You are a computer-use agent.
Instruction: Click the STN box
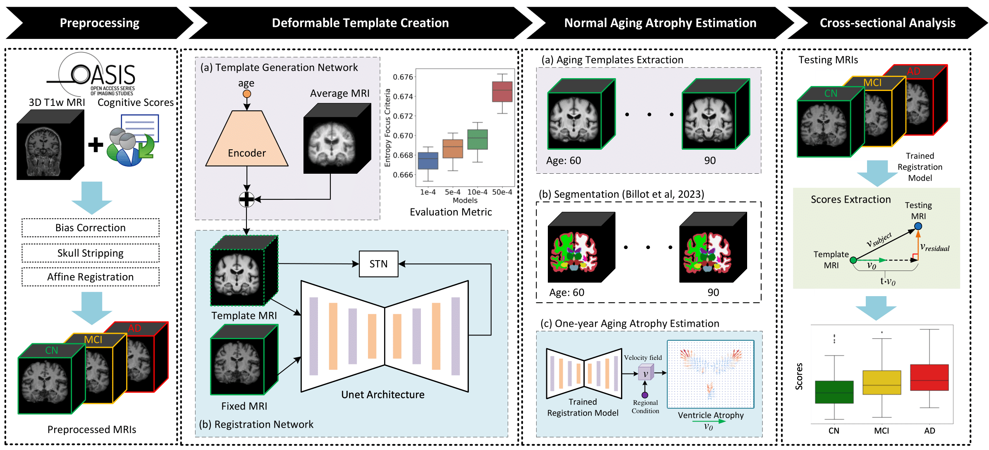coord(378,264)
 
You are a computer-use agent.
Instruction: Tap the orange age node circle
coord(247,94)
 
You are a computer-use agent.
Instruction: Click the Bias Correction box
coord(91,227)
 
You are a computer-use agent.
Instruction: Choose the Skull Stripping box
coord(91,253)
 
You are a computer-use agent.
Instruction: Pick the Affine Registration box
coord(91,277)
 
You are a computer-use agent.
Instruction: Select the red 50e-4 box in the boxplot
coord(502,91)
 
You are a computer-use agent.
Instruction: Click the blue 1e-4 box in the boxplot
coord(428,160)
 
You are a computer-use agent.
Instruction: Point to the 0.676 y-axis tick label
coord(403,77)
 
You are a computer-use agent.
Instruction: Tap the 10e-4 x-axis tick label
coord(477,192)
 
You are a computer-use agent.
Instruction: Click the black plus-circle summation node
coord(247,199)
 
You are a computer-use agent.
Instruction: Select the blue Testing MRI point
coord(918,226)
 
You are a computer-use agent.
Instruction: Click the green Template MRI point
coord(853,260)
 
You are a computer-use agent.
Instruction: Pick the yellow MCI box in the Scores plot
coord(881,382)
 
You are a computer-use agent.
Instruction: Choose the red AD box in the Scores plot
coord(929,377)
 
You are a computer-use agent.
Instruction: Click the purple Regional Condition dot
coord(645,395)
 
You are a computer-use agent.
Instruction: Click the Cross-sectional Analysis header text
coord(887,23)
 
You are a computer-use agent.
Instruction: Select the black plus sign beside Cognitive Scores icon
coord(96,144)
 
